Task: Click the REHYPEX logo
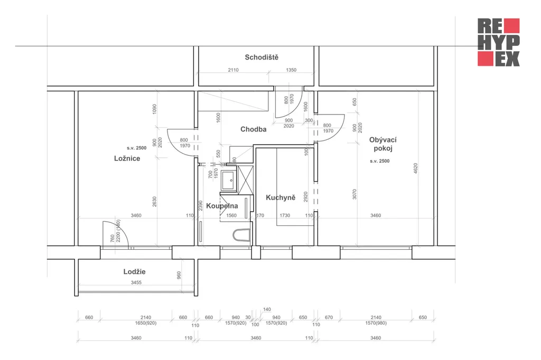click(x=499, y=42)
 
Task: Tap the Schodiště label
click(x=262, y=57)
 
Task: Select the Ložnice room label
click(x=127, y=158)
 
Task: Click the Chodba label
click(x=253, y=129)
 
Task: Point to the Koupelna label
click(x=222, y=206)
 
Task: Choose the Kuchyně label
click(x=281, y=197)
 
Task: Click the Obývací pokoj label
click(x=383, y=144)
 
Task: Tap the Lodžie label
click(x=134, y=272)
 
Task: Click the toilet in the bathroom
click(x=241, y=235)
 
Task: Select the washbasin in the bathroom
click(x=229, y=181)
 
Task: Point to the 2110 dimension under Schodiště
click(x=233, y=70)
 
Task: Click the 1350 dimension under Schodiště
click(x=291, y=70)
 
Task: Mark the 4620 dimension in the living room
click(x=415, y=168)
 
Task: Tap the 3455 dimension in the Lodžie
click(x=136, y=282)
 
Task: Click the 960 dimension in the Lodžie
click(x=179, y=275)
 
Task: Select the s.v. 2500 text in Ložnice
click(x=137, y=148)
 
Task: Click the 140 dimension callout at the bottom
click(x=267, y=309)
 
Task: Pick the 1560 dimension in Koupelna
click(x=231, y=215)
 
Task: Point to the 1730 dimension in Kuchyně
click(x=285, y=215)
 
